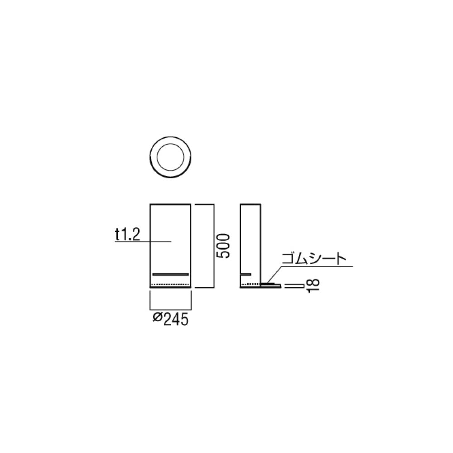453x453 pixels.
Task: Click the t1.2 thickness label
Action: coord(127,235)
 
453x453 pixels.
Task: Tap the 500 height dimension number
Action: coord(223,246)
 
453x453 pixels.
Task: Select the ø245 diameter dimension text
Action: coord(170,319)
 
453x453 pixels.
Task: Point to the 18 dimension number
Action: coord(313,286)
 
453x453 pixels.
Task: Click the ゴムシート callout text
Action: coord(314,259)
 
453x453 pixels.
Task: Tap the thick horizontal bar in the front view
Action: coord(171,274)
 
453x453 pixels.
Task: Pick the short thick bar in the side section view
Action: coord(246,274)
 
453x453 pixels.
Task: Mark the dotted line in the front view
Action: coord(170,284)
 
